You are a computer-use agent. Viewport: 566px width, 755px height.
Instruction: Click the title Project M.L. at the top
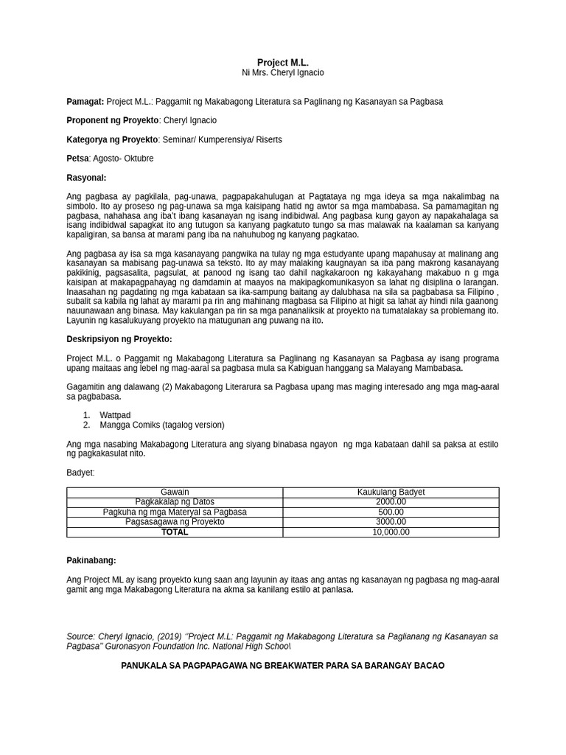click(282, 63)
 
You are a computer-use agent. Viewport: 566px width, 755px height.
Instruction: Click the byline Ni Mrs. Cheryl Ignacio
click(282, 73)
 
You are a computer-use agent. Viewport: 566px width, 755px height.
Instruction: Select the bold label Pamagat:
click(85, 101)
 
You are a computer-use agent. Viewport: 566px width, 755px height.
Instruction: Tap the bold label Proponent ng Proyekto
click(112, 120)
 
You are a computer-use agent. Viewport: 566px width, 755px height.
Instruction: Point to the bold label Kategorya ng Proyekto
click(112, 139)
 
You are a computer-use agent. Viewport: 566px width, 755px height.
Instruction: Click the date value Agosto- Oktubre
click(123, 159)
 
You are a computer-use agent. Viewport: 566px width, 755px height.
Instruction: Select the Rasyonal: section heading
click(86, 178)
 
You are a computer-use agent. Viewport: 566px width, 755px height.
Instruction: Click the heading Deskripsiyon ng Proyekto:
click(119, 339)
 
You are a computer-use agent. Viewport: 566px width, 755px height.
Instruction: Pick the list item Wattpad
click(115, 415)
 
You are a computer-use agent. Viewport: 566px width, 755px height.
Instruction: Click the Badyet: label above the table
click(80, 473)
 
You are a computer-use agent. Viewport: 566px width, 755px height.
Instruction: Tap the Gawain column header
click(175, 492)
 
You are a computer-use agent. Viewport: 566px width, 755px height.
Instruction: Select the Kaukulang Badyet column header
click(391, 492)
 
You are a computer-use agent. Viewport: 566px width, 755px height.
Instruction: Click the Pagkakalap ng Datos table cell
click(175, 502)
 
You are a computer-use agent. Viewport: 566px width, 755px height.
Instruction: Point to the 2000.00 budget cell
click(391, 502)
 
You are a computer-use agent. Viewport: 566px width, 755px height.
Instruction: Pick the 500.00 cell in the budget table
click(391, 512)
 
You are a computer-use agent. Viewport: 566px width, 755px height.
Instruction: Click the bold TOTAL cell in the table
click(175, 532)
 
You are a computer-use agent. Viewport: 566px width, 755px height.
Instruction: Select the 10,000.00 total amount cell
click(391, 532)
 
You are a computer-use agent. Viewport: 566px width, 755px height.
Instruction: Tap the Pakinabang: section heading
click(91, 560)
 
